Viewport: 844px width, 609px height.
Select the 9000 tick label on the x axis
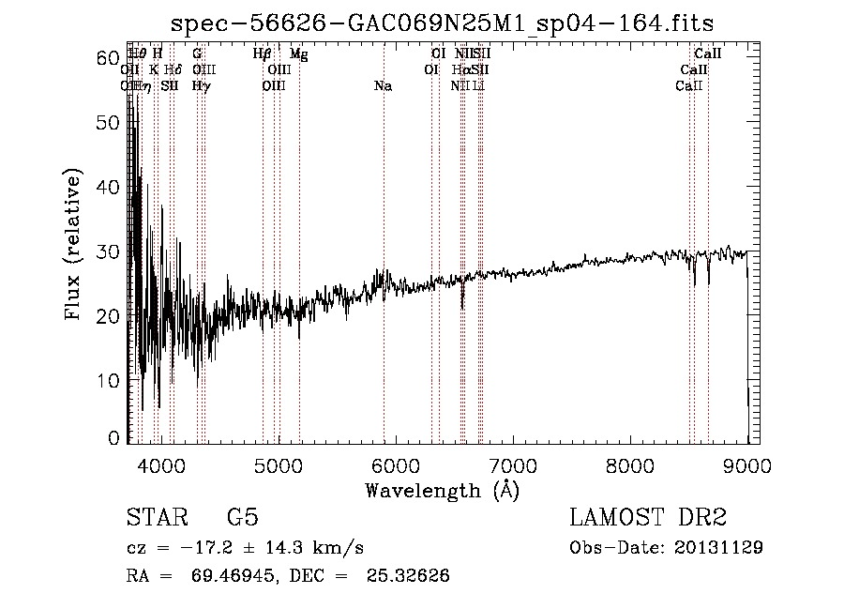[x=746, y=464]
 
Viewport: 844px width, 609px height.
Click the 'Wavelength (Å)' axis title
[x=442, y=490]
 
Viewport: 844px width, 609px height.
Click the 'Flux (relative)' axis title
[x=74, y=247]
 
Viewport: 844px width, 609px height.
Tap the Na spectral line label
[x=383, y=86]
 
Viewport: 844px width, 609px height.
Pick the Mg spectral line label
[x=298, y=54]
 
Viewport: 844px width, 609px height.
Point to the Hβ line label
[x=263, y=54]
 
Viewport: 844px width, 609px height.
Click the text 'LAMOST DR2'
[x=649, y=519]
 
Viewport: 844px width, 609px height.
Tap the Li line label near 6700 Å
[x=479, y=86]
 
